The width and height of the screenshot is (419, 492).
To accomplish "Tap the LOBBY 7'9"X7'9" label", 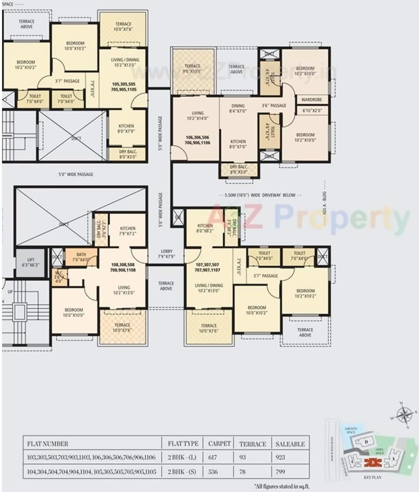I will pyautogui.click(x=167, y=253).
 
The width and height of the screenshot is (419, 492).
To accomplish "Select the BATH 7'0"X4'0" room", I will pyautogui.click(x=81, y=257).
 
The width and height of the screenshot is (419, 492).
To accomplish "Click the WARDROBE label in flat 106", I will pyautogui.click(x=311, y=100).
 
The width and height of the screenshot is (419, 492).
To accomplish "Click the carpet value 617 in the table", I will pyautogui.click(x=213, y=457).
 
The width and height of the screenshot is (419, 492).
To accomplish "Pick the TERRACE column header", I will pyautogui.click(x=252, y=444).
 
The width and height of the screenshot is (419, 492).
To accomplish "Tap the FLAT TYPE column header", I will pyautogui.click(x=183, y=444).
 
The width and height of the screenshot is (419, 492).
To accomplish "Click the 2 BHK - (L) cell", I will pyautogui.click(x=183, y=457).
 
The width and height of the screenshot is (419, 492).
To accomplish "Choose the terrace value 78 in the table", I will pyautogui.click(x=243, y=472).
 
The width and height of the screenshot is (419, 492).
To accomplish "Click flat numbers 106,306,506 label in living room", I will pyautogui.click(x=198, y=140).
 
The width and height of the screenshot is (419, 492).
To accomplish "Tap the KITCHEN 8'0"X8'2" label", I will pyautogui.click(x=205, y=228).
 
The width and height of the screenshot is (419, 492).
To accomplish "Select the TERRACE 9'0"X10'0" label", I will pyautogui.click(x=192, y=69).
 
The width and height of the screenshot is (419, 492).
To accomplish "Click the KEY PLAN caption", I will pyautogui.click(x=373, y=478).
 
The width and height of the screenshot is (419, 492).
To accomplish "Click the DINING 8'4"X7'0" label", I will pyautogui.click(x=238, y=108).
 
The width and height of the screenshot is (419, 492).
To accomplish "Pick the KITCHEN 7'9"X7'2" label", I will pyautogui.click(x=127, y=231).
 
